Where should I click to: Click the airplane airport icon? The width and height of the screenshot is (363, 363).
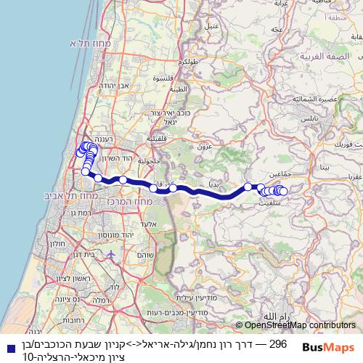(110, 256)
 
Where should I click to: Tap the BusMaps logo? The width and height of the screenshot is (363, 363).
(327, 347)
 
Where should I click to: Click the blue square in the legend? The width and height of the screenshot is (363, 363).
(8, 347)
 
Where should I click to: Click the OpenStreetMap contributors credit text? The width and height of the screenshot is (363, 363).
(295, 326)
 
